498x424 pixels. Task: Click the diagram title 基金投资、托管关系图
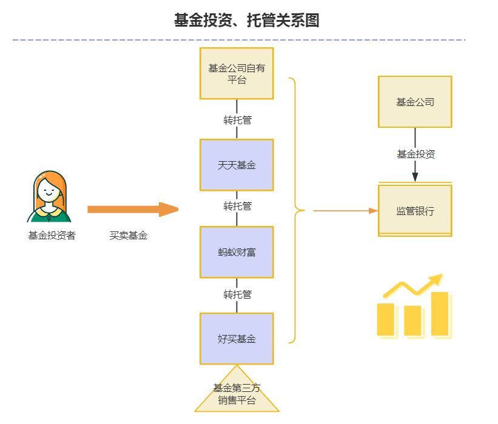pyautogui.click(x=246, y=21)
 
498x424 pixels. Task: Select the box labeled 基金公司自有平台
pyautogui.click(x=237, y=73)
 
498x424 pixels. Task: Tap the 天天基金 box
pyautogui.click(x=237, y=165)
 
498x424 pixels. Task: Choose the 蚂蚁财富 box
pyautogui.click(x=237, y=252)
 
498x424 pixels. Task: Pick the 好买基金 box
pyautogui.click(x=237, y=339)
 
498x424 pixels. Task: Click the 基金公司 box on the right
pyautogui.click(x=415, y=102)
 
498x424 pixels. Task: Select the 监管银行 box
pyautogui.click(x=415, y=211)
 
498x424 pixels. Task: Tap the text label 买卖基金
pyautogui.click(x=128, y=236)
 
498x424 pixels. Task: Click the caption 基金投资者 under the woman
pyautogui.click(x=52, y=236)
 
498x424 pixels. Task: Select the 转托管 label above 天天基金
pyautogui.click(x=237, y=120)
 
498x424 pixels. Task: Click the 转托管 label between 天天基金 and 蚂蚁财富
pyautogui.click(x=237, y=207)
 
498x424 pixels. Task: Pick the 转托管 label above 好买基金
pyautogui.click(x=237, y=295)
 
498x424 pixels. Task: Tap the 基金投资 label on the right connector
pyautogui.click(x=416, y=154)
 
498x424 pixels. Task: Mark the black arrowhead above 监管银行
pyautogui.click(x=415, y=176)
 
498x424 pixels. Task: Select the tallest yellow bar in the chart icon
pyautogui.click(x=440, y=314)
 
